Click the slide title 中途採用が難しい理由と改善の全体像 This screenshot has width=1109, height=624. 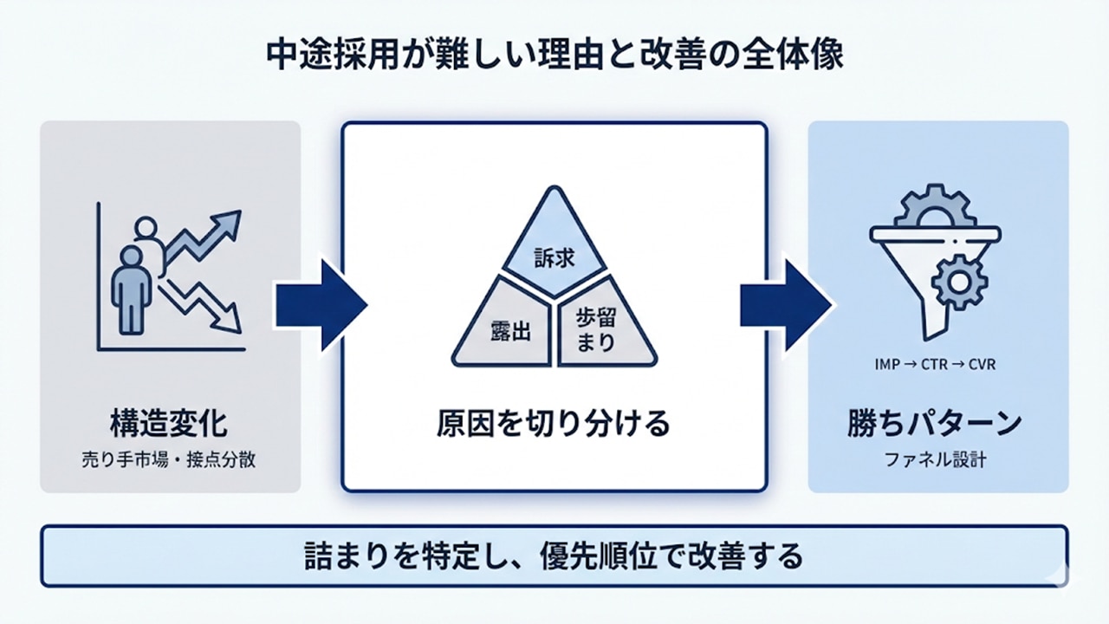[x=554, y=55]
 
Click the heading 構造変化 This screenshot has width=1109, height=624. [x=169, y=424]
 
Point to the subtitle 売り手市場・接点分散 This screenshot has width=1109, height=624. [x=169, y=460]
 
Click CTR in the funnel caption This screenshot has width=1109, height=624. [x=936, y=364]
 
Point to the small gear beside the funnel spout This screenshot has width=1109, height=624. [x=961, y=282]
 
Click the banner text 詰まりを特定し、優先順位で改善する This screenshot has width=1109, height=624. [x=554, y=556]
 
